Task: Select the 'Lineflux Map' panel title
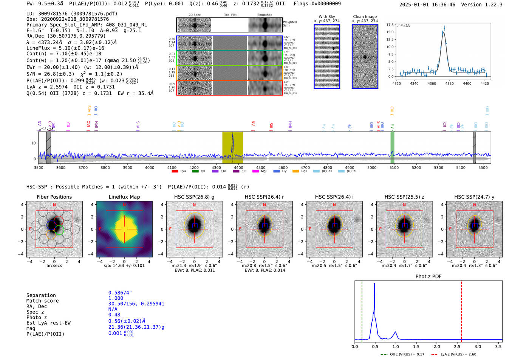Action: pyautogui.click(x=124, y=197)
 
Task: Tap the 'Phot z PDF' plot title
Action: pyautogui.click(x=428, y=277)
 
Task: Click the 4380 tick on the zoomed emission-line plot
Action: pyautogui.click(x=449, y=83)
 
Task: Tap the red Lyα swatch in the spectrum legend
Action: pyautogui.click(x=175, y=172)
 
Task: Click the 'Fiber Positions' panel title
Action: pyautogui.click(x=54, y=197)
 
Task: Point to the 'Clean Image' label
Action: pyautogui.click(x=365, y=17)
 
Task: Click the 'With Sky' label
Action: pyautogui.click(x=326, y=17)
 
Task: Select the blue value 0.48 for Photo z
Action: pyautogui.click(x=114, y=315)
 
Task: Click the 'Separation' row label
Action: pyautogui.click(x=41, y=295)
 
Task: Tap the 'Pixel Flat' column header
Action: pyautogui.click(x=230, y=15)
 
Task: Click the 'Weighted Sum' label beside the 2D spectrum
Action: pyautogui.click(x=289, y=24)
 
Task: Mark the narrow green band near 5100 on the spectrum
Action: pyautogui.click(x=392, y=147)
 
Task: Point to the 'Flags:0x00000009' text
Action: pyautogui.click(x=317, y=4)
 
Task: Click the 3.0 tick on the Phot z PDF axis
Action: pyautogui.click(x=478, y=346)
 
